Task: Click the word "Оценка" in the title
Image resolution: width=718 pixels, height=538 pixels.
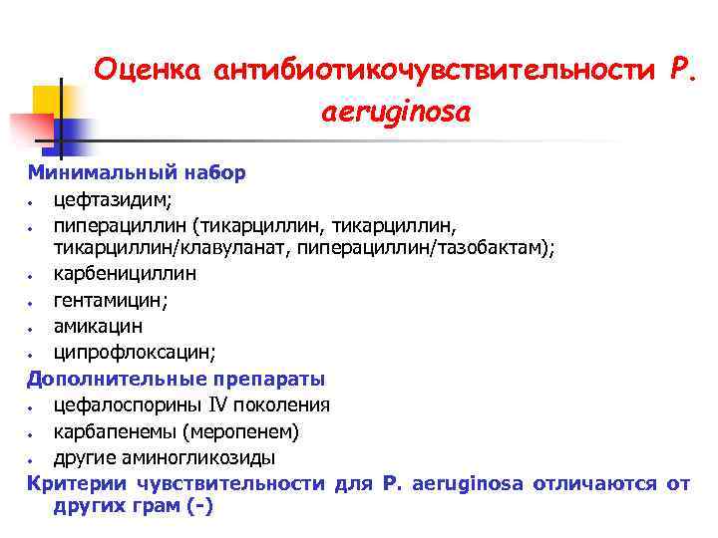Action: point(147,70)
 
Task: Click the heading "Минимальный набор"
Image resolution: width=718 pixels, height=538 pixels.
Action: point(137,172)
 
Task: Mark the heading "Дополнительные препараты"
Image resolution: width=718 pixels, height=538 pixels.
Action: point(176,379)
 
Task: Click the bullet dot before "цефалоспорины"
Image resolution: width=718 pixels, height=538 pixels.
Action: point(33,406)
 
